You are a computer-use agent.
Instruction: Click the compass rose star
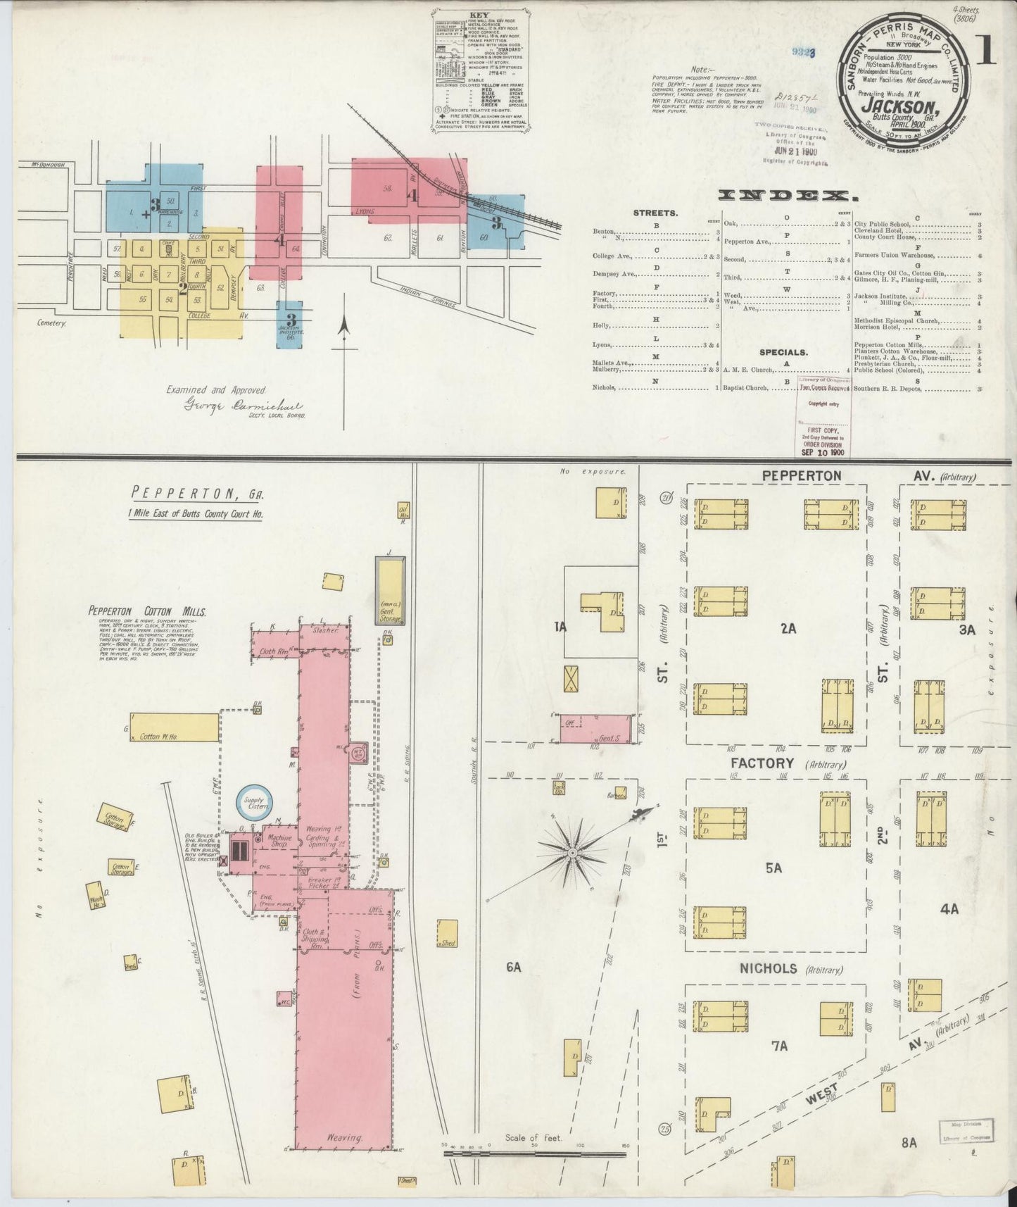click(573, 853)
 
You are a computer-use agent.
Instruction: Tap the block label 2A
click(788, 629)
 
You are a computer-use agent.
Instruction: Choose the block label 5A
click(773, 868)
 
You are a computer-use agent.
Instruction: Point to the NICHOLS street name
click(768, 969)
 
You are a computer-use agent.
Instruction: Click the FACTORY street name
click(762, 763)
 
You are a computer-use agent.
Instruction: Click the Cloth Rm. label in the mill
click(274, 651)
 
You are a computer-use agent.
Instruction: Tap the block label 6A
click(513, 968)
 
